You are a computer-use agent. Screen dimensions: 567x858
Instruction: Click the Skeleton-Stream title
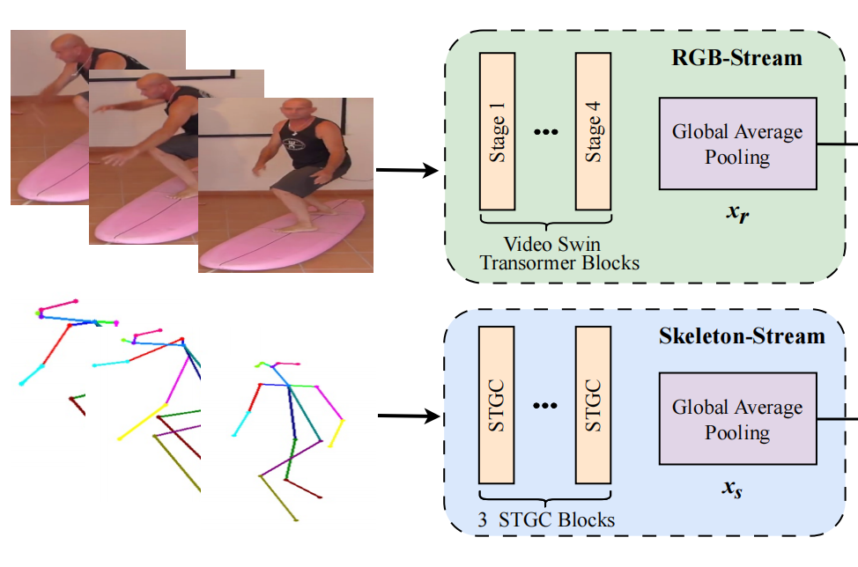pos(742,335)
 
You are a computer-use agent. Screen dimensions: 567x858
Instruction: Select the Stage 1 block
pos(498,131)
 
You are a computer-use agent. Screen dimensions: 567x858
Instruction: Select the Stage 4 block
pos(594,131)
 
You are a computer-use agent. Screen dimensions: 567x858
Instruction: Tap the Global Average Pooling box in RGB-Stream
pos(738,144)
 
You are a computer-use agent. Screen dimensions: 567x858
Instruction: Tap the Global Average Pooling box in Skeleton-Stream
pos(738,419)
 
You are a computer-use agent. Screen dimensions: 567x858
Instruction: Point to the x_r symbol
pos(738,214)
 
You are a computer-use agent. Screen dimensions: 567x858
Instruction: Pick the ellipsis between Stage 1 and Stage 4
pos(546,132)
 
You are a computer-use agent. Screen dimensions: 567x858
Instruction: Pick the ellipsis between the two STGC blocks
pos(546,406)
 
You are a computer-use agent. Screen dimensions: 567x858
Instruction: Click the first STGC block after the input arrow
pos(498,405)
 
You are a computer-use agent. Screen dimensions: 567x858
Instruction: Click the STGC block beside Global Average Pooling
pos(594,405)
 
